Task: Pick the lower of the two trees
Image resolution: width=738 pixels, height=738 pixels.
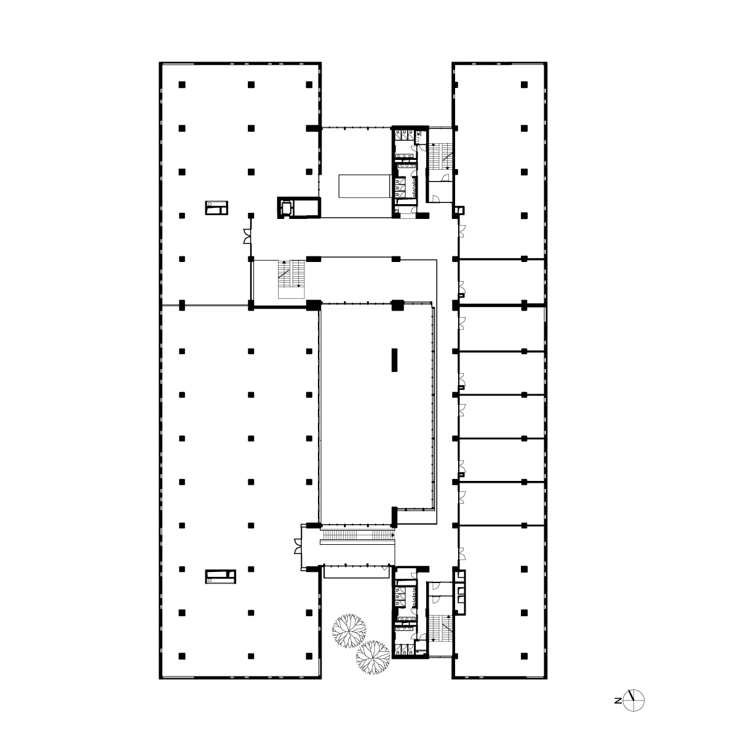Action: click(x=373, y=657)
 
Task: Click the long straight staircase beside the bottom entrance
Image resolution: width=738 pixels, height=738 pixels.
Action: click(x=358, y=535)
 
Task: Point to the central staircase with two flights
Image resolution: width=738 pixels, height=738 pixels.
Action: click(x=291, y=279)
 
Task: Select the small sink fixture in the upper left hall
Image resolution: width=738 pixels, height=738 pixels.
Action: click(x=216, y=208)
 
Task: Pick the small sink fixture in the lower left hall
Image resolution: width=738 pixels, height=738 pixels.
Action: click(x=220, y=577)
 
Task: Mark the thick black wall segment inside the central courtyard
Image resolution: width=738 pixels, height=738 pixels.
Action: click(x=394, y=360)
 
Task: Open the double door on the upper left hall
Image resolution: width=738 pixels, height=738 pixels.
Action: click(x=247, y=236)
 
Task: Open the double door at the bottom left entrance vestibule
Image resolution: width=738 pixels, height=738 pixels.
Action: click(x=298, y=546)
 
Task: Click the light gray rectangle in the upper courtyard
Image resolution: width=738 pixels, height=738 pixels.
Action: click(x=364, y=186)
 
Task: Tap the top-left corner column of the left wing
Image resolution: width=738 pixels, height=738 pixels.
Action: click(x=182, y=85)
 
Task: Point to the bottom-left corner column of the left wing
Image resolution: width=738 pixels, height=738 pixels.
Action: click(x=182, y=656)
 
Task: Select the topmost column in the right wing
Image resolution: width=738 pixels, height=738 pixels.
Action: click(x=524, y=85)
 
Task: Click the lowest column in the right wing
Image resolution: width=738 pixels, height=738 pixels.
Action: click(x=524, y=656)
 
